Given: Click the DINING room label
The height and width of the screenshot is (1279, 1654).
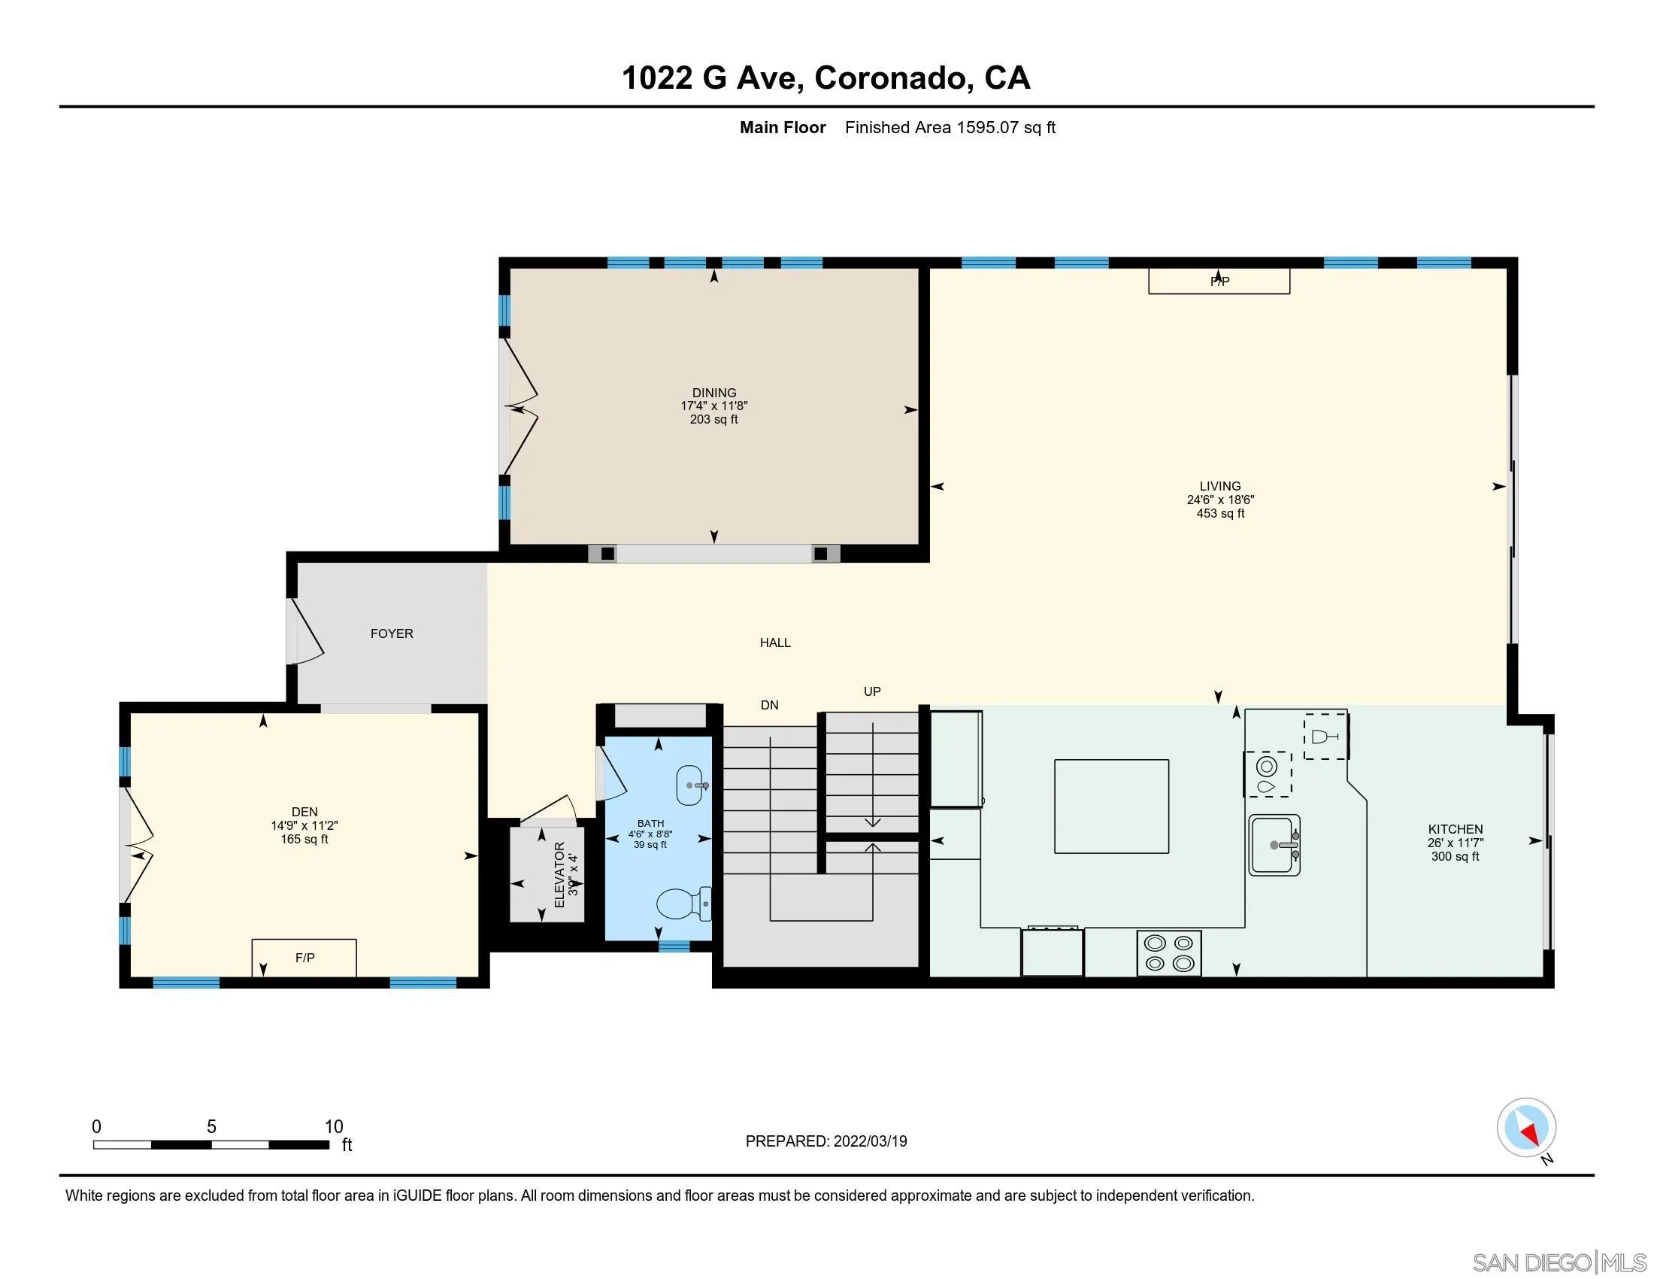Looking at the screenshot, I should point(713,393).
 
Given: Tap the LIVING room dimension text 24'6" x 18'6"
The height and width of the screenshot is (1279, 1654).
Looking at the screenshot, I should point(1220,500).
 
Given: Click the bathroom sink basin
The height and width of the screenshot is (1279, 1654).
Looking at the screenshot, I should point(692,785).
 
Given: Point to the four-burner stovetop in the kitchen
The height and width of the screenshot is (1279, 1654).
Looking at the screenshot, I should point(1168,953).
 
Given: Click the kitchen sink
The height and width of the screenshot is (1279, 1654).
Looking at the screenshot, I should point(1274,845).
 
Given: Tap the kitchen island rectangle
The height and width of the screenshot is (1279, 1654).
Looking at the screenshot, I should point(1111,807).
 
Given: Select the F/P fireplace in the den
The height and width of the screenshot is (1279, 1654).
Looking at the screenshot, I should point(304,958).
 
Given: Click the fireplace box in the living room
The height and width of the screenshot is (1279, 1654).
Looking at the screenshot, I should point(1219,281).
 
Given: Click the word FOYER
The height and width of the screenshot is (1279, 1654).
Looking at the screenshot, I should point(392,633).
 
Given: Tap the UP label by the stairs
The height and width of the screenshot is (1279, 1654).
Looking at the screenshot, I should point(871,691).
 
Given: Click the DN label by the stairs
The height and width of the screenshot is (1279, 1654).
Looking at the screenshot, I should point(769,706).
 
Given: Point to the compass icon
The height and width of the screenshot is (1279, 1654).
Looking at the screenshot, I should point(1526,1128).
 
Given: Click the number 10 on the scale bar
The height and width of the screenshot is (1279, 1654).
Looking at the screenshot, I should point(334,1127).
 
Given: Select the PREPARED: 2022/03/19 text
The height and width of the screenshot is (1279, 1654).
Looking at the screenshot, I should point(825,1141).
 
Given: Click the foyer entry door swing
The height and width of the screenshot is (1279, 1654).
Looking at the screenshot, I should point(307,633).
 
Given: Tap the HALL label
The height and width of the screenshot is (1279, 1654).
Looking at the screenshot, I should point(774,643).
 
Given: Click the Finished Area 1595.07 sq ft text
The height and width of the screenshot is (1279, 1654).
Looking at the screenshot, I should point(950,127).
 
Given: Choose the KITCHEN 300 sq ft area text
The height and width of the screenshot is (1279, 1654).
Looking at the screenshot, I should point(1454,856).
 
